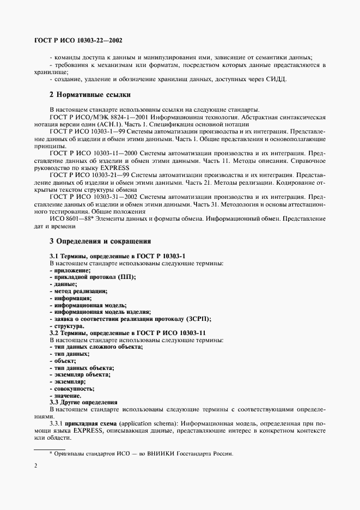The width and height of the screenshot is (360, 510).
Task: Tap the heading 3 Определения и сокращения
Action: pyautogui.click(x=100, y=240)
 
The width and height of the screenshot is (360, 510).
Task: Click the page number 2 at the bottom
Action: pyautogui.click(x=36, y=465)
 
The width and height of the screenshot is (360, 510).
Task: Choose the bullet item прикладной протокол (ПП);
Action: pyautogui.click(x=93, y=277)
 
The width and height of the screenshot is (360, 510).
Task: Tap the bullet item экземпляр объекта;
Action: pyautogui.click(x=82, y=375)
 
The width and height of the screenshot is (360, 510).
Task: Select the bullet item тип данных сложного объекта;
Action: pyautogui.click(x=97, y=347)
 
